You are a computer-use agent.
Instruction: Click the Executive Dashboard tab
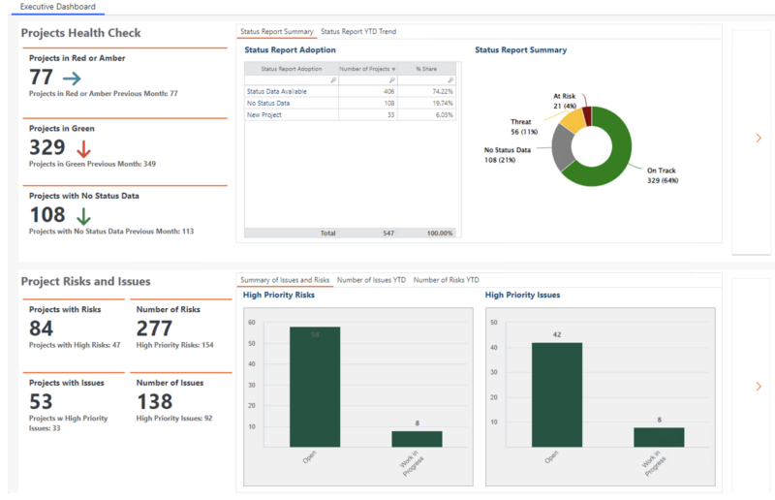click(58, 7)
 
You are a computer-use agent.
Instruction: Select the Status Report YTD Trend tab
click(358, 32)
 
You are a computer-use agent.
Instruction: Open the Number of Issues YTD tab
click(371, 280)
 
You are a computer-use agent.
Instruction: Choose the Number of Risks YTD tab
click(446, 280)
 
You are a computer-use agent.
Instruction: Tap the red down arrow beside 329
click(82, 148)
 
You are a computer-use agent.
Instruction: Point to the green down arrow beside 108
click(83, 215)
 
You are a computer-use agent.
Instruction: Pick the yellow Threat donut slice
click(573, 120)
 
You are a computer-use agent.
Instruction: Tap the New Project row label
click(266, 113)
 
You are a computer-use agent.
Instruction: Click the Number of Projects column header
click(366, 69)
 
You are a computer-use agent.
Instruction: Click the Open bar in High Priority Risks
click(314, 387)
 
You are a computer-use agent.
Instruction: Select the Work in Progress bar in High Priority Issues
click(659, 437)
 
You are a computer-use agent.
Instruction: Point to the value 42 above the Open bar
click(557, 335)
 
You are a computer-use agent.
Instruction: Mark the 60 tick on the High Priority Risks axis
click(251, 323)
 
